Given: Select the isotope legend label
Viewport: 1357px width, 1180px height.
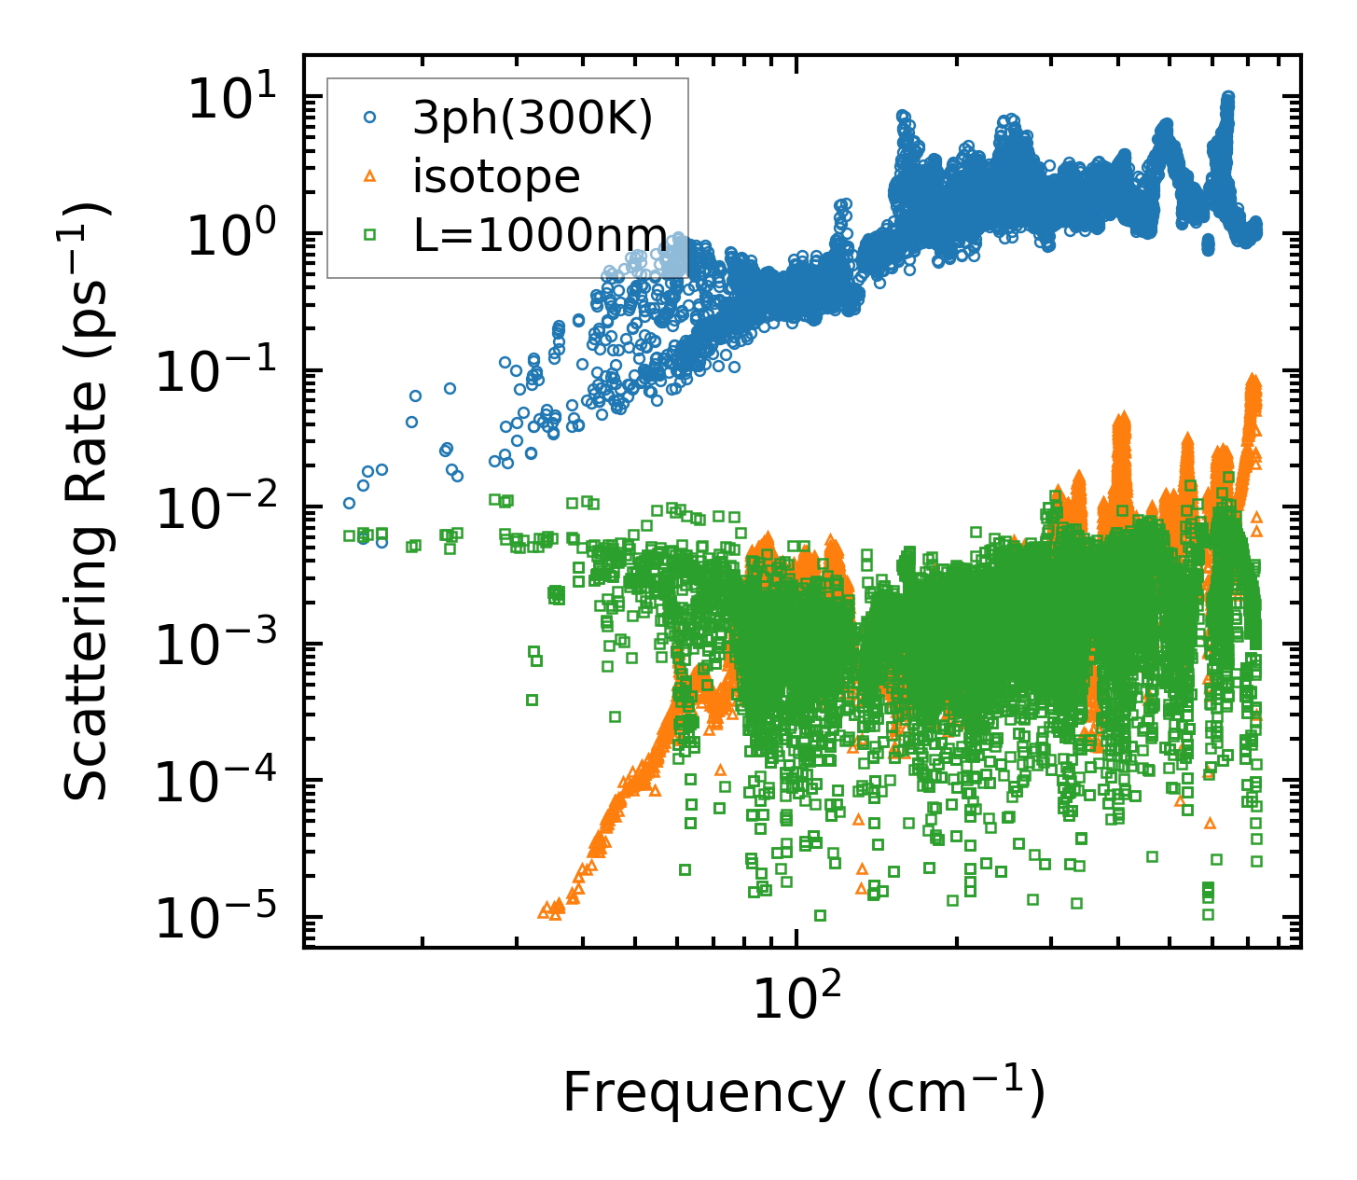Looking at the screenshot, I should pyautogui.click(x=496, y=175).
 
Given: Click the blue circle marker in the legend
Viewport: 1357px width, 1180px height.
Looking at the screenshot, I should pyautogui.click(x=370, y=118).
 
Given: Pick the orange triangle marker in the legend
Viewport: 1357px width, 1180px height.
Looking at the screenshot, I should pyautogui.click(x=370, y=175).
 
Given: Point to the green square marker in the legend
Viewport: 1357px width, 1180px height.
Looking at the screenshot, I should pyautogui.click(x=370, y=233).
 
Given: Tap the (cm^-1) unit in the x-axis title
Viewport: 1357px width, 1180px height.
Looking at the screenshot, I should pyautogui.click(x=956, y=1091).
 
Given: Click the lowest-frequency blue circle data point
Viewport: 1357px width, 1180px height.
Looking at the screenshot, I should pyautogui.click(x=349, y=504).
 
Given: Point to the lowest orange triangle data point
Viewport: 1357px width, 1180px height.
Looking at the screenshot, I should pyautogui.click(x=556, y=915).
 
